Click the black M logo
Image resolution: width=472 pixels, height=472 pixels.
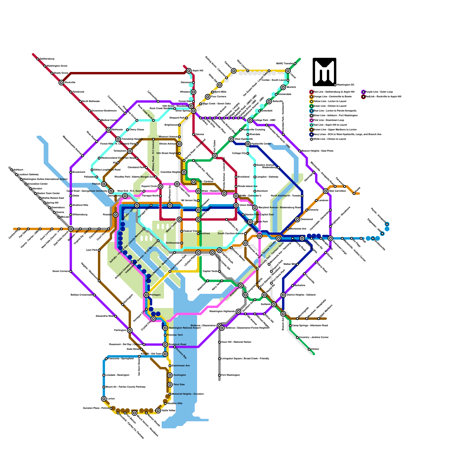click(324, 72)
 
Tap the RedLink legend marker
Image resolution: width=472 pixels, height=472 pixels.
click(363, 96)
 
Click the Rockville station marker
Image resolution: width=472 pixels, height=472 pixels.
click(61, 83)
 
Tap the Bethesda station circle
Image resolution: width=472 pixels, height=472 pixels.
click(109, 130)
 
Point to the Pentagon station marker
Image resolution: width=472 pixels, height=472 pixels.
click(146, 295)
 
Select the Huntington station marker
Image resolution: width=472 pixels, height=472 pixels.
click(170, 375)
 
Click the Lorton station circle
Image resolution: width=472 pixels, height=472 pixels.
click(104, 399)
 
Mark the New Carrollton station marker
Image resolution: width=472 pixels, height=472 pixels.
click(326, 191)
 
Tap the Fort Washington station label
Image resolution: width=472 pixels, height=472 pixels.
click(230, 375)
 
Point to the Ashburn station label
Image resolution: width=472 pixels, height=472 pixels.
click(18, 170)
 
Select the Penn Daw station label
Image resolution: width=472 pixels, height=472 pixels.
click(179, 385)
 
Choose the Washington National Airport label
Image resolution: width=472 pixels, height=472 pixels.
click(185, 328)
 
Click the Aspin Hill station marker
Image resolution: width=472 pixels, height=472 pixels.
click(189, 71)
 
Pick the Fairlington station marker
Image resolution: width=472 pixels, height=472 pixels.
click(130, 330)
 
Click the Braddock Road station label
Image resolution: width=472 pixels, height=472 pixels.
click(178, 345)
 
